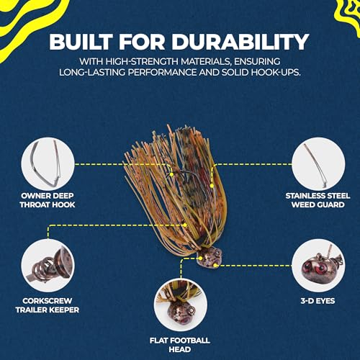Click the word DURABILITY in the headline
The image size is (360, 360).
(240, 42)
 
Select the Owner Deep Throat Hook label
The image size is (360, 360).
(48, 200)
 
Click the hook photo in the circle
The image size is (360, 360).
(48, 164)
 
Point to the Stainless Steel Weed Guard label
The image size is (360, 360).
(318, 200)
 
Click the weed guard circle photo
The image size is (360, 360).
(318, 164)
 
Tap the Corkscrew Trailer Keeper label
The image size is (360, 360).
(48, 305)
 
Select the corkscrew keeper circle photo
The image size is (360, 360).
(48, 266)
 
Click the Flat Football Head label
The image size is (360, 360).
(180, 345)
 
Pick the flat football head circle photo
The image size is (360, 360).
(181, 305)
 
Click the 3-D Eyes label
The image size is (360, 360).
(318, 301)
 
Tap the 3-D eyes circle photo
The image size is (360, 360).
(318, 266)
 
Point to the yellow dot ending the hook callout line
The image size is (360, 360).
(171, 174)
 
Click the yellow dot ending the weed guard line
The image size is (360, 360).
(212, 186)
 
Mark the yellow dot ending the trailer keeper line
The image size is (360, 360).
(185, 225)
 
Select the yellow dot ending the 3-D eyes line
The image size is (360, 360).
(215, 265)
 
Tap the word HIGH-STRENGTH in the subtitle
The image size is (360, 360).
(143, 62)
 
